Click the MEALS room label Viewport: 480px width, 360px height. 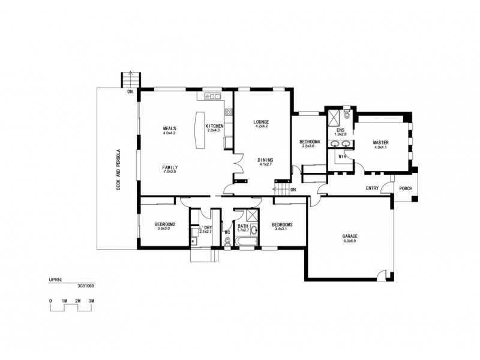(169, 128)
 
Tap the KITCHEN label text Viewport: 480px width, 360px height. (214, 126)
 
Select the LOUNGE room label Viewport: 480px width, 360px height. (261, 122)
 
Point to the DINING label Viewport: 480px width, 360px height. (266, 160)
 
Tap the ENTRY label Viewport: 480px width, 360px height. (372, 188)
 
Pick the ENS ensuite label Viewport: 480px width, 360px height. (340, 130)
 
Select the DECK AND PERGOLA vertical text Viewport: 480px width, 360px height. (119, 167)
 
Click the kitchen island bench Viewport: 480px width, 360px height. (199, 131)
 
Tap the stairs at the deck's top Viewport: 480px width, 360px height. (130, 80)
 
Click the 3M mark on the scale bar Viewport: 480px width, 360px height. (91, 299)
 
